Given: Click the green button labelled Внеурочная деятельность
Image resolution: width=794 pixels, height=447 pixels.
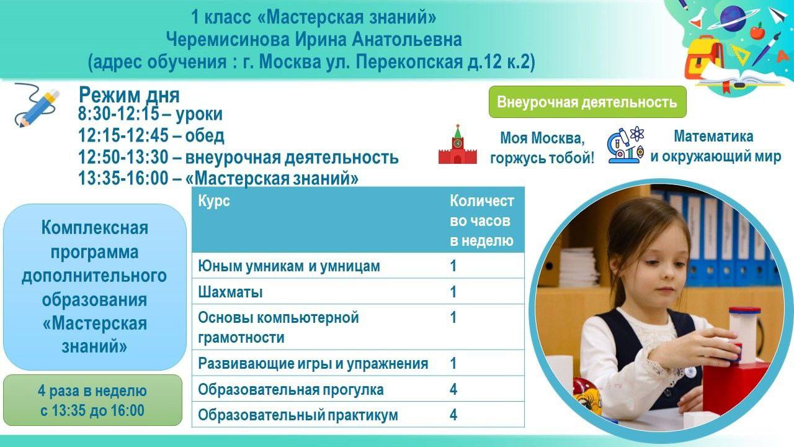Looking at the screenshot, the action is coord(587,102).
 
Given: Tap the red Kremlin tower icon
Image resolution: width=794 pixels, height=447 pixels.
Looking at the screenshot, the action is coord(457,144).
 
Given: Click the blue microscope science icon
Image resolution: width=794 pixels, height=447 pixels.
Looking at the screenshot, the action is coord(626,145).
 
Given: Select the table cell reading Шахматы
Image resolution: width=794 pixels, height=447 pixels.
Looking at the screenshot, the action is coord(230,292).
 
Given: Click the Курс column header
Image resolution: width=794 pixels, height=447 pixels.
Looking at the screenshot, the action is coord(214,201).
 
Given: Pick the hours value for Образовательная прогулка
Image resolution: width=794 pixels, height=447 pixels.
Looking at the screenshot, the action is coord(453,389).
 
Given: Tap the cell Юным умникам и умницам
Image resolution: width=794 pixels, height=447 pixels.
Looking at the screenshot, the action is coord(288,266).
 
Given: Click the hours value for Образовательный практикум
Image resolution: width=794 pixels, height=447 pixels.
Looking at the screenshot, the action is coord(453,415).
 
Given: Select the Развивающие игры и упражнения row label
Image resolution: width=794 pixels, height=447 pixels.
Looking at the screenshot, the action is coord(313,363).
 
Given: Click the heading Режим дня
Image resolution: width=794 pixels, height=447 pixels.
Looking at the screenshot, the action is coord(129,95).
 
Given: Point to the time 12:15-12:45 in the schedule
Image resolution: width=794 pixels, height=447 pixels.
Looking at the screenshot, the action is coord(123,135).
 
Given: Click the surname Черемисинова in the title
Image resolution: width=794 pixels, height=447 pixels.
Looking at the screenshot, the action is coord(228,39).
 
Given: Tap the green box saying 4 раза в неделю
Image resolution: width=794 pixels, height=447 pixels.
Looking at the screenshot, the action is coord(92,400).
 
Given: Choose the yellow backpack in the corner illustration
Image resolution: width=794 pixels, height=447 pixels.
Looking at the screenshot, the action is coord(703,58).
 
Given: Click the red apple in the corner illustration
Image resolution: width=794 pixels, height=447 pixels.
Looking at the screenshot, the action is coord(757,31).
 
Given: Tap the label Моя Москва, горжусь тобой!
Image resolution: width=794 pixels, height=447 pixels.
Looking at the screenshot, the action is coord(542,148).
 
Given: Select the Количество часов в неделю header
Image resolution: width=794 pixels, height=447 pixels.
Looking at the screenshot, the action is coord(482,220).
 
